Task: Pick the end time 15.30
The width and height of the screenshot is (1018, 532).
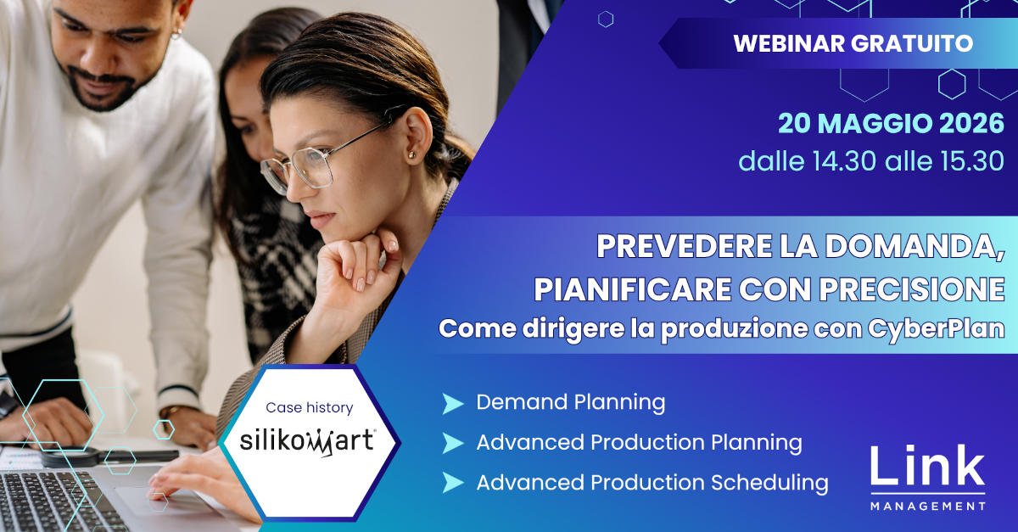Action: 972,161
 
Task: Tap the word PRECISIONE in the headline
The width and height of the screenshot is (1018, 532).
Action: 912,289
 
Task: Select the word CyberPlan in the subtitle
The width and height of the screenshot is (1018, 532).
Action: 936,328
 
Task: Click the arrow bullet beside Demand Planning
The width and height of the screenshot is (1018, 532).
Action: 453,404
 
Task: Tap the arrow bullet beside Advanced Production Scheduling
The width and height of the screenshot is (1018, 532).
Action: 453,483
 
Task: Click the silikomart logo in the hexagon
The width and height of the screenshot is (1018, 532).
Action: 307,442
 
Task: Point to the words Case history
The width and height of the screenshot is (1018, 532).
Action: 309,407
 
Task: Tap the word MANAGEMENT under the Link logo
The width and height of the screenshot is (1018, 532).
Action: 927,506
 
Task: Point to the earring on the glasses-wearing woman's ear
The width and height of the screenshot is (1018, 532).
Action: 411,155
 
